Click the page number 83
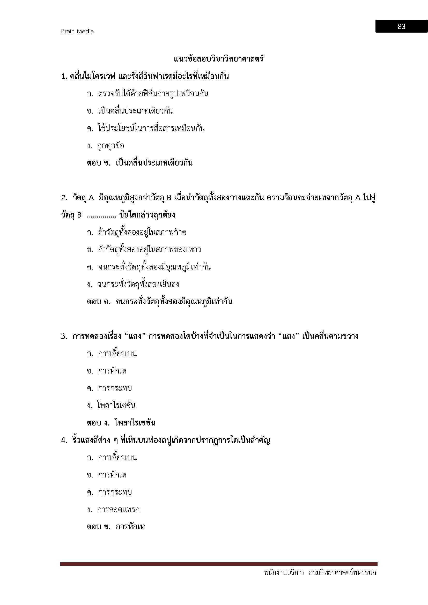tap(401, 26)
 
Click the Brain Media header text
tap(77, 31)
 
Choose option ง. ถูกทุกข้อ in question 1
tap(105, 146)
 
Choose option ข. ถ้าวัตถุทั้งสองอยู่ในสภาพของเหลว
tap(144, 250)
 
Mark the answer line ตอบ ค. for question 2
tap(159, 301)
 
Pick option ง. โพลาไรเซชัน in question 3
tap(111, 405)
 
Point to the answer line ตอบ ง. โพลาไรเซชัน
tap(121, 423)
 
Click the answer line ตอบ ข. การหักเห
tap(116, 527)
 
